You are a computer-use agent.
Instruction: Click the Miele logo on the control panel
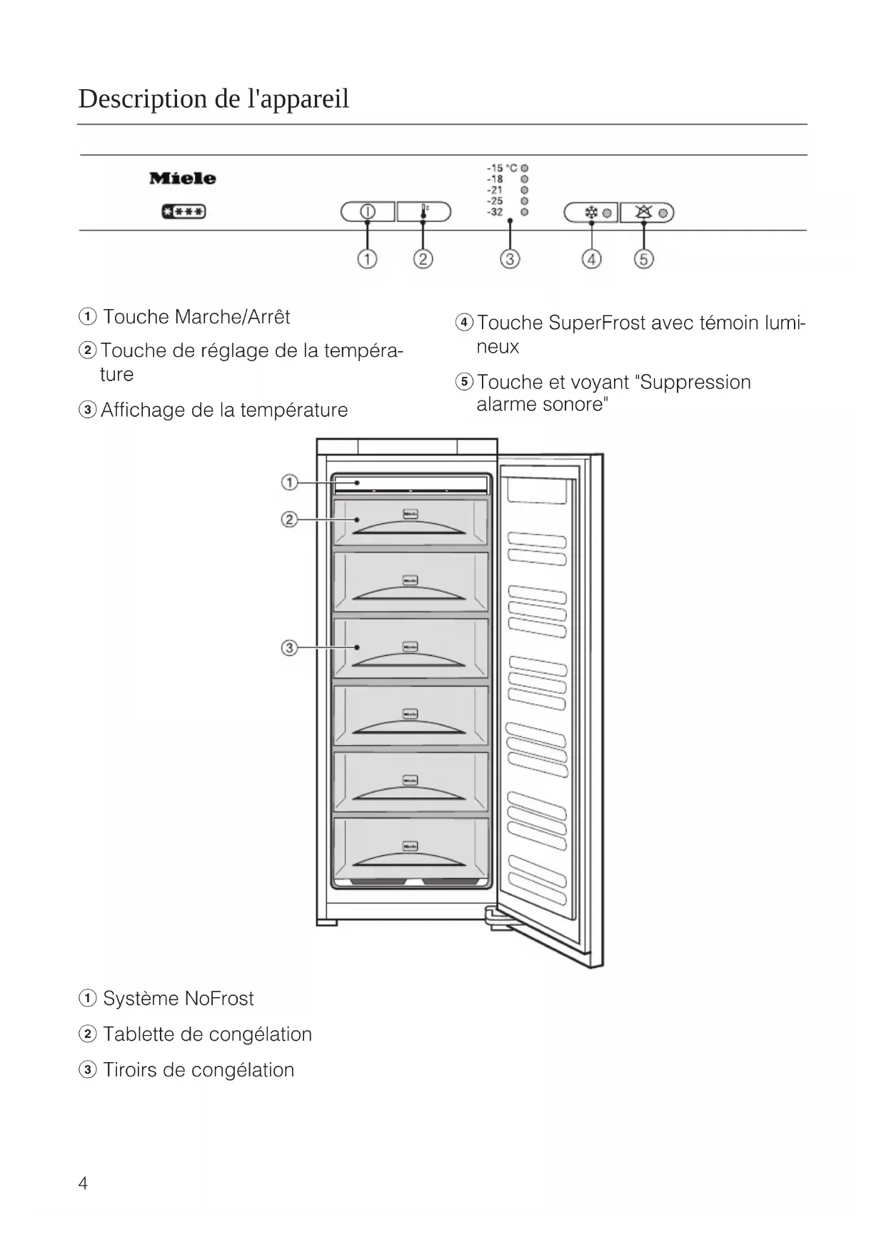coord(182,178)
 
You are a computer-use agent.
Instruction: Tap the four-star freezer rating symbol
coord(183,212)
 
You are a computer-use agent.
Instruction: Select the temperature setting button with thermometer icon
coord(424,211)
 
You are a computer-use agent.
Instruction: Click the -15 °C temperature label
coord(502,168)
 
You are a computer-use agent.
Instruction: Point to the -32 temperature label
coord(495,212)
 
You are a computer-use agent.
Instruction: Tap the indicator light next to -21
coord(525,190)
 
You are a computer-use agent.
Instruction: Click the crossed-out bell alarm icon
coord(643,212)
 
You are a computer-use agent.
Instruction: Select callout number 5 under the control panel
coord(643,259)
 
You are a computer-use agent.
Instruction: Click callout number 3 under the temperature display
coord(509,259)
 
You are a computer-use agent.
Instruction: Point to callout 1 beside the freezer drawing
coord(289,483)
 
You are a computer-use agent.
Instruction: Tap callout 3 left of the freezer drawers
coord(289,648)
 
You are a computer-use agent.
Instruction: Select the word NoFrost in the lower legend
coord(218,999)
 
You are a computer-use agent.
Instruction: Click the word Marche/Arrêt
coord(232,317)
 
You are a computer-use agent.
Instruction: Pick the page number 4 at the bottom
coord(83,1183)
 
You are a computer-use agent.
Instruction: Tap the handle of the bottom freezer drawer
coord(410,861)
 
